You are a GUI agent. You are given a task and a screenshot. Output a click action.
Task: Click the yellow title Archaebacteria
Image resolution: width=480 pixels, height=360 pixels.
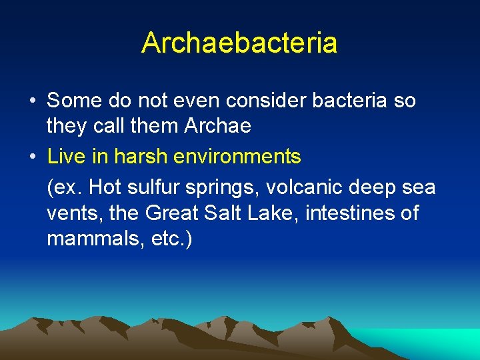point(239,43)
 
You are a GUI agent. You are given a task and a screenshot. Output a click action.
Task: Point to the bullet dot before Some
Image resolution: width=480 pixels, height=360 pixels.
point(32,101)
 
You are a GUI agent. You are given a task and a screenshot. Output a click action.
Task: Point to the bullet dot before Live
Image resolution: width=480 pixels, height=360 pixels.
point(32,157)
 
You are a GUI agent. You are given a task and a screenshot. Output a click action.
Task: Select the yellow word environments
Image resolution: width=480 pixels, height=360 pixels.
point(237,157)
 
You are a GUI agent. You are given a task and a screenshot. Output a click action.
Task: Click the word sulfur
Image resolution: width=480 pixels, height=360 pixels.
point(151,187)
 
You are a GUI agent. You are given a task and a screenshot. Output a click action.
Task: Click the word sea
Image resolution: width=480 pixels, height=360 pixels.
point(417,187)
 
